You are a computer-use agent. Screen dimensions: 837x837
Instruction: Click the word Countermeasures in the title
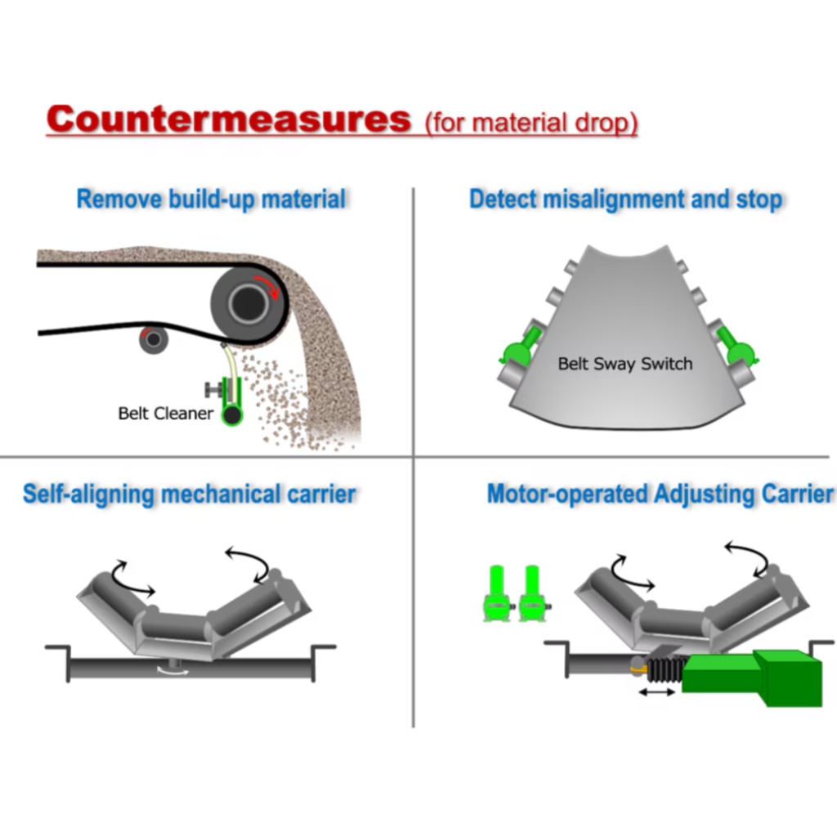point(228,119)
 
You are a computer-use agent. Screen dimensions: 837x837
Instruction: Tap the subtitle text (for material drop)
point(531,123)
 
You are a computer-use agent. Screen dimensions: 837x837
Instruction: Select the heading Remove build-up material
point(211,199)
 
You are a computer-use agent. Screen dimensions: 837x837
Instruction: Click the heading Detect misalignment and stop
point(625,199)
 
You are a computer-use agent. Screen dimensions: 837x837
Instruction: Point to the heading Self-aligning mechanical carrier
point(189,494)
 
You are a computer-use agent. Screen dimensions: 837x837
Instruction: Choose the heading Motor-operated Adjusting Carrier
point(660,494)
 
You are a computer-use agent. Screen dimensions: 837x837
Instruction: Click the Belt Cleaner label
point(165,413)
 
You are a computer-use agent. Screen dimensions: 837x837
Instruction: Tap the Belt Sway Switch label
point(624,364)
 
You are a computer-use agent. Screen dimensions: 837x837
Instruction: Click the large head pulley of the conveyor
point(245,303)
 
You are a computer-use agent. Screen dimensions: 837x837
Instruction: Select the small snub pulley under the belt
point(153,338)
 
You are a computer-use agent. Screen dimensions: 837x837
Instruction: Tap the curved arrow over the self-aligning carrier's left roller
point(130,577)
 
